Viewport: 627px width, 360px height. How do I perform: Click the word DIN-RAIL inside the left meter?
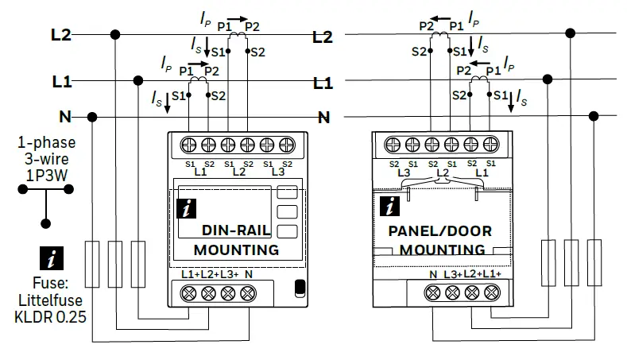tap(236, 231)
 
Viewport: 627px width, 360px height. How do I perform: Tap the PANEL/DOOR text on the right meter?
tap(439, 231)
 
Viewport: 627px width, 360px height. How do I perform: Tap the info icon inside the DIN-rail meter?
tap(188, 210)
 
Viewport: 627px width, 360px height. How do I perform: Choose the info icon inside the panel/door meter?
tap(389, 207)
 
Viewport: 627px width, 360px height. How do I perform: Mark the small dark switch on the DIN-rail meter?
tap(299, 288)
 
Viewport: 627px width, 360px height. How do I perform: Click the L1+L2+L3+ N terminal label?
tap(217, 274)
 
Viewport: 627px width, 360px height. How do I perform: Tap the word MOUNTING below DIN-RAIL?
tap(236, 250)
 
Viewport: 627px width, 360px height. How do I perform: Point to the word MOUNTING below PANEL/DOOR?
tap(441, 250)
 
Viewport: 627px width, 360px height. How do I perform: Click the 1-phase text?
tap(47, 143)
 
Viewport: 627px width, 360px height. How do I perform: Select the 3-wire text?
tap(47, 157)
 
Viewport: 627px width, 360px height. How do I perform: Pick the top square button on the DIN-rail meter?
tap(287, 192)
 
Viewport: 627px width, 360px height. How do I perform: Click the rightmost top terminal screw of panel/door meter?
tap(490, 145)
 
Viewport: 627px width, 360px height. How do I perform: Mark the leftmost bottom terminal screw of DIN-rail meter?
tap(191, 292)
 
